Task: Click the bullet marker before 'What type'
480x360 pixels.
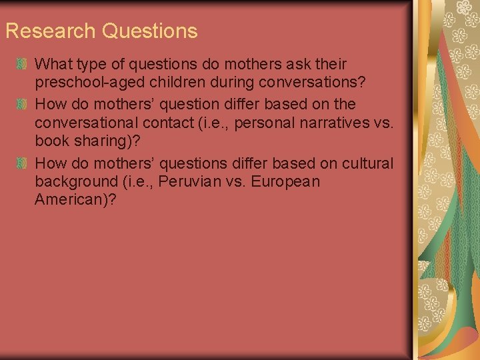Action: click(22, 65)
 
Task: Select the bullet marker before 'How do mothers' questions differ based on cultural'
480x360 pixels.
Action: click(22, 163)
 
